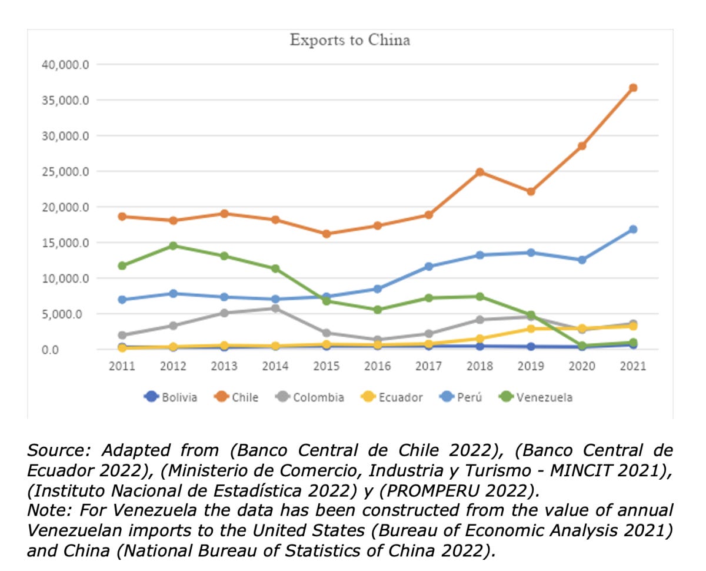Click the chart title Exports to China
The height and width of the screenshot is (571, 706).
click(349, 40)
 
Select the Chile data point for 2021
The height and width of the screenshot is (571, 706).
click(632, 88)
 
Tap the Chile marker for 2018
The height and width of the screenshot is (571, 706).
click(479, 172)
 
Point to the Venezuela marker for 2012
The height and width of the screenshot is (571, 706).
click(173, 245)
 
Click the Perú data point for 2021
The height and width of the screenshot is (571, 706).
click(632, 229)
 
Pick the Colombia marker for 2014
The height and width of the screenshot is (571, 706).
click(275, 308)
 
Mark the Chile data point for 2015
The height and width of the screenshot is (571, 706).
click(327, 234)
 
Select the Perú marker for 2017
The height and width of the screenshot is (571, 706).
click(428, 266)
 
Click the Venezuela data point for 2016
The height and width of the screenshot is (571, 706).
click(378, 310)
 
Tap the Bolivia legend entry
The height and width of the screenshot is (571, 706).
click(171, 397)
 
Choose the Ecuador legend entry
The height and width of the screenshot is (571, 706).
click(391, 397)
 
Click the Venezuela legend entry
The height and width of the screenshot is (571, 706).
click(535, 397)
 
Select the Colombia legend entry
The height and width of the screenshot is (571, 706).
click(309, 397)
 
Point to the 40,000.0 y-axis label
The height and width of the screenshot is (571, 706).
click(65, 65)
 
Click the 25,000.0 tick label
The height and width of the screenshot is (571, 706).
click(65, 171)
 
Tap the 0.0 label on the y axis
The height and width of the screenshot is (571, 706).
click(50, 350)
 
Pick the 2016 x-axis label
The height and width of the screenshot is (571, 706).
click(378, 366)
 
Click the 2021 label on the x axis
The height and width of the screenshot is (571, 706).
click(633, 366)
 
